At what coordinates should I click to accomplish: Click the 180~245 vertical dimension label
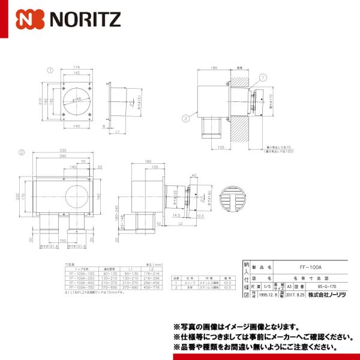pos(118,212)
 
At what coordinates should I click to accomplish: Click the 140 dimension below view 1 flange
pos(76,127)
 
